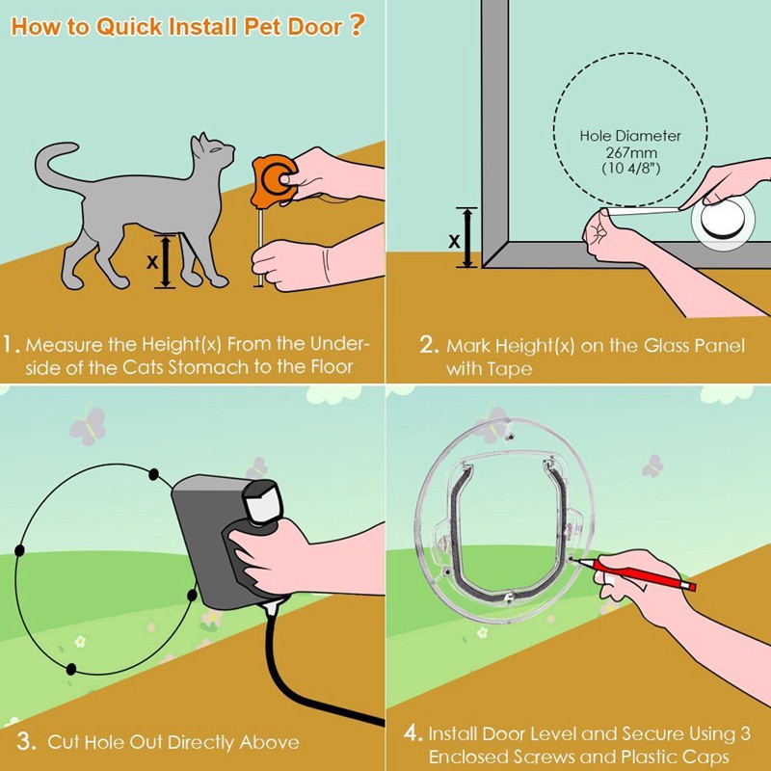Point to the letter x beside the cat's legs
pos(151,261)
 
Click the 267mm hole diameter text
pos(630,152)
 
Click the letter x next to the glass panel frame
pos(453,241)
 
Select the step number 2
pos(430,345)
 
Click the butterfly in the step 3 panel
pos(87,425)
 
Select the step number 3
pos(27,741)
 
